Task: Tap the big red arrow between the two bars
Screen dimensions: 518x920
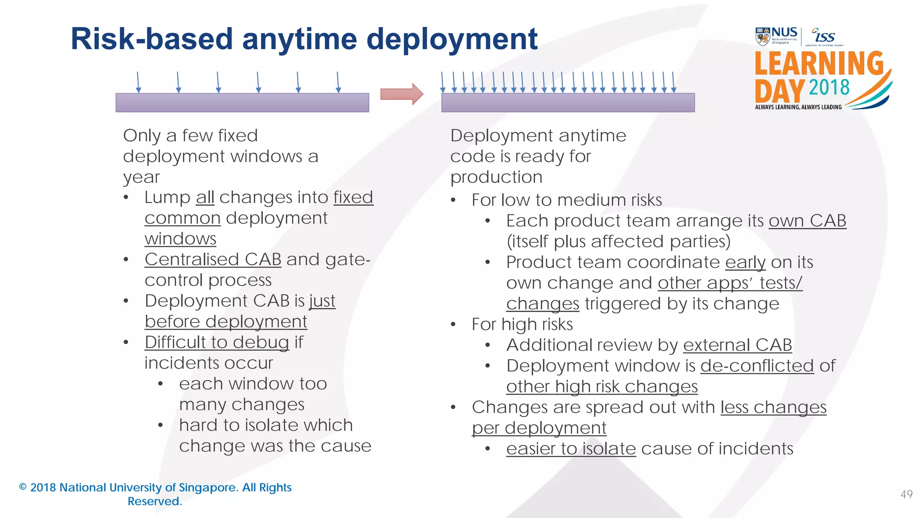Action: [402, 94]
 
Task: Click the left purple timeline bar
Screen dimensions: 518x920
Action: [242, 103]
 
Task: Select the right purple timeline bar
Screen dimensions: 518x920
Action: [568, 103]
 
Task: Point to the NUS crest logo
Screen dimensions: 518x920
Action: [762, 36]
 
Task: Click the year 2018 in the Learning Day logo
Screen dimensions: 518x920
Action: [829, 88]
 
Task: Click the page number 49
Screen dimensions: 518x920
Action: [907, 494]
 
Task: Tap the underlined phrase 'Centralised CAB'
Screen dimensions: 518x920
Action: [213, 259]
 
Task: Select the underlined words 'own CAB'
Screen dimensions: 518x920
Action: [807, 221]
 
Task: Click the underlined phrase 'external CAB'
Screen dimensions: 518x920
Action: [737, 345]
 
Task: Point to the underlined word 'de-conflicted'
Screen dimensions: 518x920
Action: [757, 366]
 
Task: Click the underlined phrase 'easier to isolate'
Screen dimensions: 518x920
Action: [571, 449]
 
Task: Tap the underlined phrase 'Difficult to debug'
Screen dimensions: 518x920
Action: [217, 342]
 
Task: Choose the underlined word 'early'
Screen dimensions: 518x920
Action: [745, 262]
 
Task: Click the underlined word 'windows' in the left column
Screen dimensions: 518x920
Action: [180, 239]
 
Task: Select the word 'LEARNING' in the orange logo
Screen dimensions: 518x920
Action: [819, 63]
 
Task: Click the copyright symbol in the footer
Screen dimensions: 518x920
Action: [23, 487]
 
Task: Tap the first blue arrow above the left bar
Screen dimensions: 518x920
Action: [138, 82]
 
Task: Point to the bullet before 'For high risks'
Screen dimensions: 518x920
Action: [453, 324]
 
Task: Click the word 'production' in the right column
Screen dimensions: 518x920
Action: [496, 177]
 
